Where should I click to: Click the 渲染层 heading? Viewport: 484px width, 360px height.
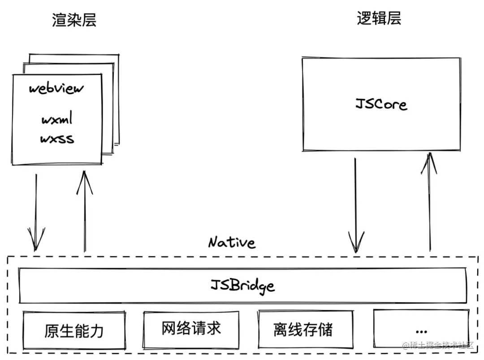tap(74, 20)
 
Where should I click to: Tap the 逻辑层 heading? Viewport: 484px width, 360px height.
tap(379, 18)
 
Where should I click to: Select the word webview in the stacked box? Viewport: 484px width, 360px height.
tap(56, 88)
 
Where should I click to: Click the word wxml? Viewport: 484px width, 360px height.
tap(57, 120)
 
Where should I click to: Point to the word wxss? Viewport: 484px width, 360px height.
tap(57, 139)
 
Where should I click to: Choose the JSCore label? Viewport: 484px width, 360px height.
tap(381, 104)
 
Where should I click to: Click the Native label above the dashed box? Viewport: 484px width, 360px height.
tap(232, 243)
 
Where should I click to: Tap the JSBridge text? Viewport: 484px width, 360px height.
tap(242, 285)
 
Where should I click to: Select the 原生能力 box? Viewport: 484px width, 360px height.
tap(74, 330)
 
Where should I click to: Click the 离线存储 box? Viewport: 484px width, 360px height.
tap(303, 330)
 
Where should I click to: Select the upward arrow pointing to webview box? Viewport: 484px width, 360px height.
tap(83, 211)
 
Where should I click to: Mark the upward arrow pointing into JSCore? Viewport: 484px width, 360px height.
tap(430, 202)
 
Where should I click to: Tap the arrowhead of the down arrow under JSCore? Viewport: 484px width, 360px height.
tap(356, 244)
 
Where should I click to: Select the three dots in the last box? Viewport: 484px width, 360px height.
tap(421, 332)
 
